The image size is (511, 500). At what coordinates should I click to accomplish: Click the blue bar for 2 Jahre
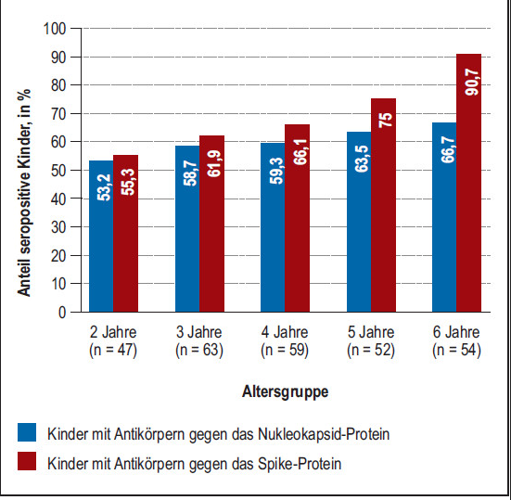pyautogui.click(x=101, y=237)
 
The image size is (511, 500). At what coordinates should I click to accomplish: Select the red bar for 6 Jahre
pyautogui.click(x=468, y=183)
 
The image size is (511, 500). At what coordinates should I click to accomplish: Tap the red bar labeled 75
pyautogui.click(x=383, y=205)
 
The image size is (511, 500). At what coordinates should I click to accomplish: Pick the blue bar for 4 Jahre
pyautogui.click(x=273, y=227)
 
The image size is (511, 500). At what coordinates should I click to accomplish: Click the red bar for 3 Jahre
pyautogui.click(x=211, y=224)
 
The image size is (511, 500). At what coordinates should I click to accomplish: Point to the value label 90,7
pyautogui.click(x=472, y=83)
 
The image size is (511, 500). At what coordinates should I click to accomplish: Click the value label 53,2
pyautogui.click(x=104, y=187)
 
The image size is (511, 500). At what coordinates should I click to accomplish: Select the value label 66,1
pyautogui.click(x=300, y=152)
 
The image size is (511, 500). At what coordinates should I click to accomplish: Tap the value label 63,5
pyautogui.click(x=362, y=159)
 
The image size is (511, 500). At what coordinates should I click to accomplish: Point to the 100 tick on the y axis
pyautogui.click(x=55, y=29)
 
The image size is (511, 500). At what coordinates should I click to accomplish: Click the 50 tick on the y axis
pyautogui.click(x=58, y=171)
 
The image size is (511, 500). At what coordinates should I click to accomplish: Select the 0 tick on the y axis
pyautogui.click(x=62, y=313)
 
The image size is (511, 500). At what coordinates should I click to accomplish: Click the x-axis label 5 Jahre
pyautogui.click(x=371, y=332)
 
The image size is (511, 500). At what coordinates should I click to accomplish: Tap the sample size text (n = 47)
pyautogui.click(x=113, y=351)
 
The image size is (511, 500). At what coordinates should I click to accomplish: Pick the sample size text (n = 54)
pyautogui.click(x=456, y=351)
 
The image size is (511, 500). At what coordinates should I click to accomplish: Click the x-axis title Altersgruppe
pyautogui.click(x=285, y=392)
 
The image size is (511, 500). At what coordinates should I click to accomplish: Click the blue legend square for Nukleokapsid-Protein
pyautogui.click(x=27, y=432)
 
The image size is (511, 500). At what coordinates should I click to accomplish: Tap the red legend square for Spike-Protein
pyautogui.click(x=27, y=461)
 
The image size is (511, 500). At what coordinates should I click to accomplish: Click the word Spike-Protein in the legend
pyautogui.click(x=300, y=464)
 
